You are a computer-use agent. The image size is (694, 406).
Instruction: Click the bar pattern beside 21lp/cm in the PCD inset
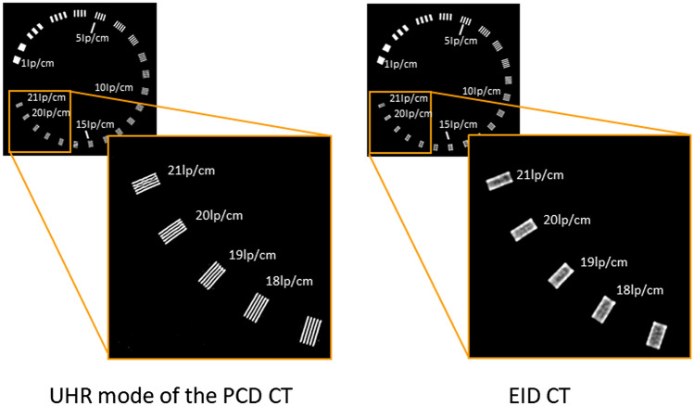(x=146, y=184)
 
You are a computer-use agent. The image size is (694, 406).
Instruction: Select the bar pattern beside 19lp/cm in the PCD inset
(x=212, y=275)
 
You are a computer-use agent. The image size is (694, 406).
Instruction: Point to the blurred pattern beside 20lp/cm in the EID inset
(x=524, y=229)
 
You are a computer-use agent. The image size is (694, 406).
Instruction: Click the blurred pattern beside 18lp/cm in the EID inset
(x=605, y=308)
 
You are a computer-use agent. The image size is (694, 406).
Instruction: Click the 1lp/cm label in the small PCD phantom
(x=36, y=64)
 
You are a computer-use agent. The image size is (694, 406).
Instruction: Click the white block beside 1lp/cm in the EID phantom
(x=380, y=61)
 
